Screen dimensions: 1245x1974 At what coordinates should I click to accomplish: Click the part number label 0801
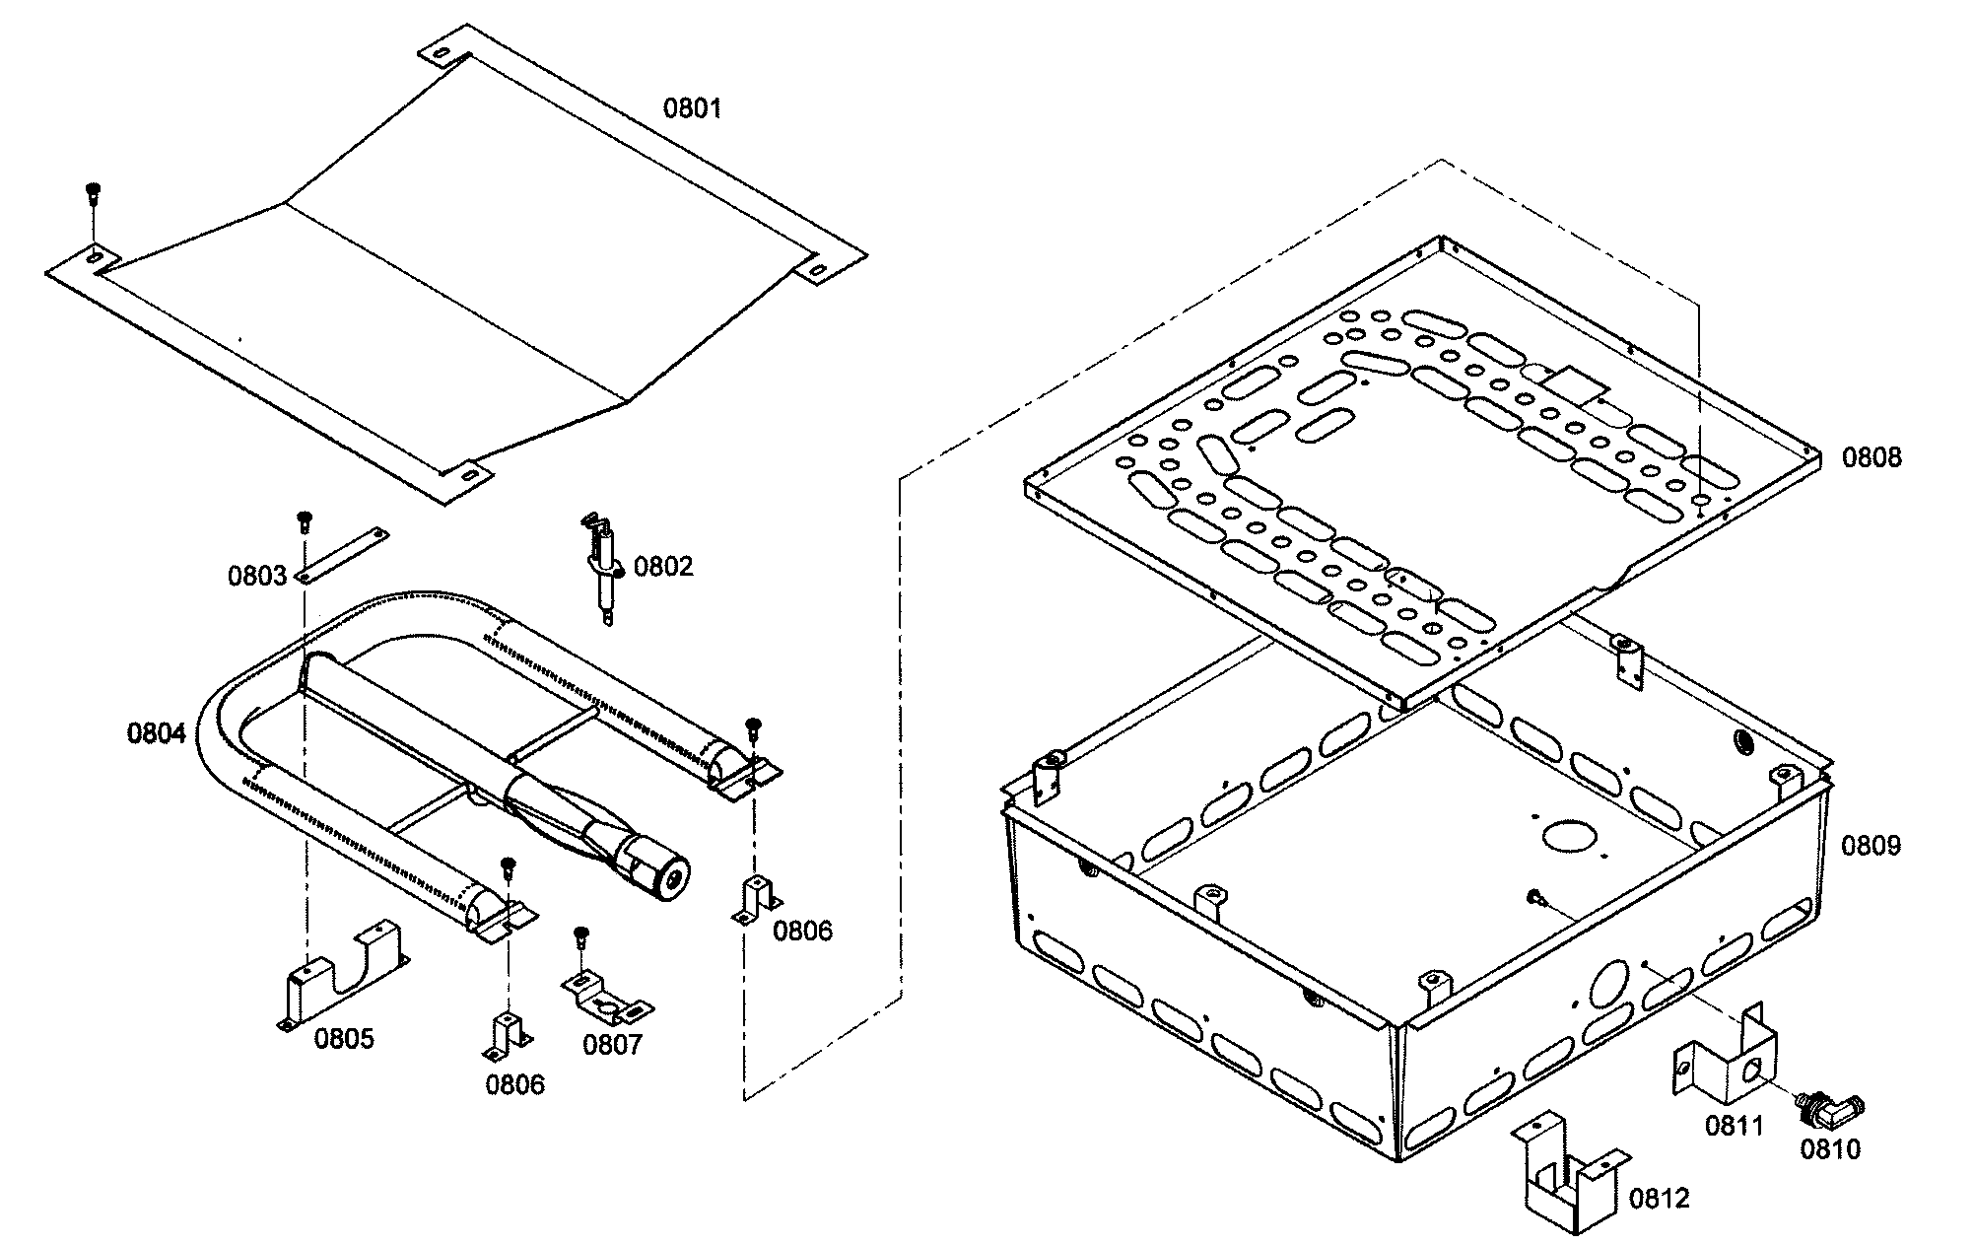(x=692, y=108)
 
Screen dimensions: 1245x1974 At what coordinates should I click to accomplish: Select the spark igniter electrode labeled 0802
(x=603, y=566)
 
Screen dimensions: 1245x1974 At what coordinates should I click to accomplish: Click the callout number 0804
(x=156, y=733)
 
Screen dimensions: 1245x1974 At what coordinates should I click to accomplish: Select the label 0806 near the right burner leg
(x=802, y=931)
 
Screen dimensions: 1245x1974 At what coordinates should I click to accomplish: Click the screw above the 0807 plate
(x=580, y=935)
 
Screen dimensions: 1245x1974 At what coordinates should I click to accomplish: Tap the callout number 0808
(x=1872, y=457)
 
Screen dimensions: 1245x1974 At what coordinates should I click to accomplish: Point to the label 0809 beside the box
(x=1871, y=846)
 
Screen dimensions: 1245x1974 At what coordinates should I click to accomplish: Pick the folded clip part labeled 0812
(x=1567, y=1179)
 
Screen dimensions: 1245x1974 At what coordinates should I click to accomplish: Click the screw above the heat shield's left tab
(x=93, y=191)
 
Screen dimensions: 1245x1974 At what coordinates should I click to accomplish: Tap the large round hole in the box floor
(x=1569, y=836)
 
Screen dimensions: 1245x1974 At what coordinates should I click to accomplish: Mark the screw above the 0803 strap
(x=305, y=519)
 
